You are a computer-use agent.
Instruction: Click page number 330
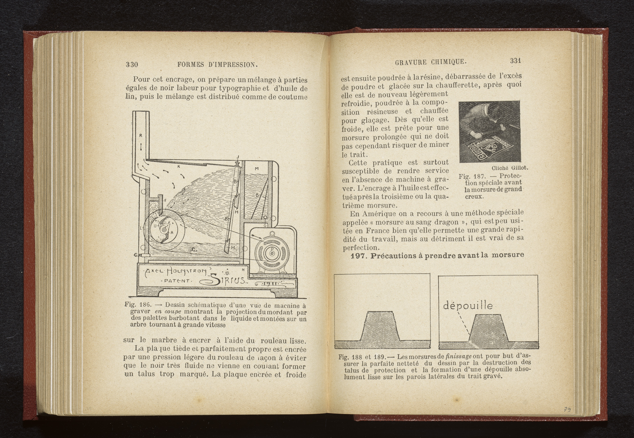132,64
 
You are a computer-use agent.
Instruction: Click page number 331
515,61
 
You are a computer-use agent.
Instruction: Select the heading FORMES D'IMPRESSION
217,65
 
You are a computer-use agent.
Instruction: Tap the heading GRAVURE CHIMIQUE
431,62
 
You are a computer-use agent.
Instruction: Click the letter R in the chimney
141,135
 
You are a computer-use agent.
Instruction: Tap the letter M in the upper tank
257,169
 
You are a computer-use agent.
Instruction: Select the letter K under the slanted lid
179,166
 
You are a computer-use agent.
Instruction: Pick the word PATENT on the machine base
177,281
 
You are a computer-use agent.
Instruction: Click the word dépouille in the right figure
468,306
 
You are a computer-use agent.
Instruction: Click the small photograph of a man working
489,131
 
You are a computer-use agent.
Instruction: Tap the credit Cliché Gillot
510,168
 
